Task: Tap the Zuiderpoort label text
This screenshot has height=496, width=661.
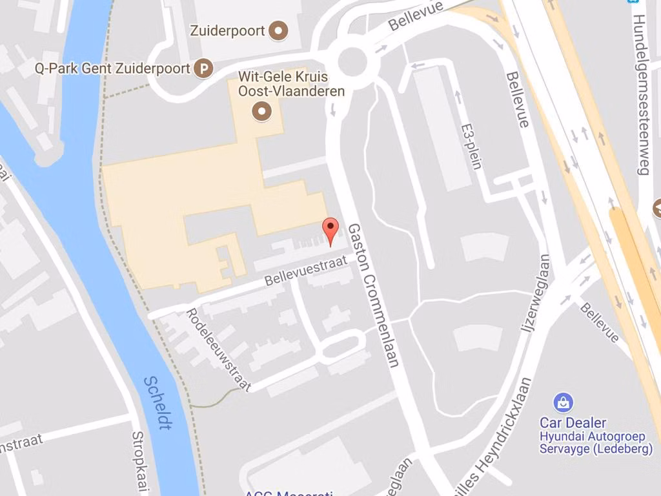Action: (228, 30)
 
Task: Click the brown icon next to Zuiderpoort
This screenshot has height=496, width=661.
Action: (279, 30)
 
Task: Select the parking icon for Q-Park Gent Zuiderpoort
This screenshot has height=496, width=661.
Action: (204, 68)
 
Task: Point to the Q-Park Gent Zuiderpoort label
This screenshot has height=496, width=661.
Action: (112, 68)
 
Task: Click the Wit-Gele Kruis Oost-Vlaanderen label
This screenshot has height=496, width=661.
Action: (291, 84)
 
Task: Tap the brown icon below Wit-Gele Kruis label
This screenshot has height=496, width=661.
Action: (262, 112)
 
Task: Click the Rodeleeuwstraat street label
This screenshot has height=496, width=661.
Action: (218, 349)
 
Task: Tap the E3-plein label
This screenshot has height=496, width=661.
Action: (472, 146)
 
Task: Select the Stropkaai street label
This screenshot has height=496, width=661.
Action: (141, 462)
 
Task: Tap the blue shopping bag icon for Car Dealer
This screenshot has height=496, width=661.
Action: (564, 403)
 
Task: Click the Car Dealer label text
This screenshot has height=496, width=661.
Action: (573, 423)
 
